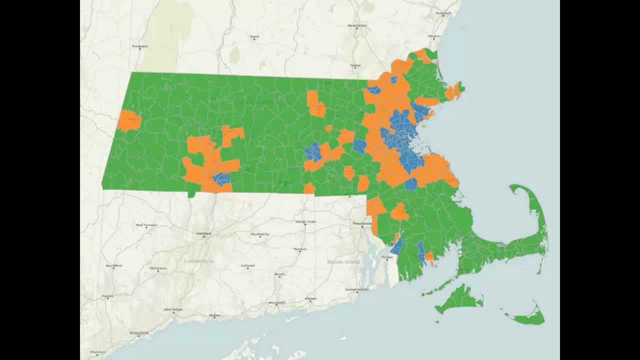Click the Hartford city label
pyautogui.click(x=203, y=233)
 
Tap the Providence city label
pyautogui.click(x=362, y=223)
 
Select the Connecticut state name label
pyautogui.click(x=198, y=261)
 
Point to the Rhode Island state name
pyautogui.click(x=343, y=261)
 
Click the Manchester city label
pyautogui.click(x=357, y=25)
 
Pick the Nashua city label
pyautogui.click(x=355, y=65)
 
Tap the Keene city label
pyautogui.click(x=254, y=36)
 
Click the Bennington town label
pyautogui.click(x=140, y=46)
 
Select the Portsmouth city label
pyautogui.click(x=443, y=12)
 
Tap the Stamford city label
pyautogui.click(x=97, y=352)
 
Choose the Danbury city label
pyautogui.click(x=108, y=296)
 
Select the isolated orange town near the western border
pyautogui.click(x=129, y=121)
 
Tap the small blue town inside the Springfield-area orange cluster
pyautogui.click(x=220, y=178)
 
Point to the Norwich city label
pyautogui.click(x=279, y=274)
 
